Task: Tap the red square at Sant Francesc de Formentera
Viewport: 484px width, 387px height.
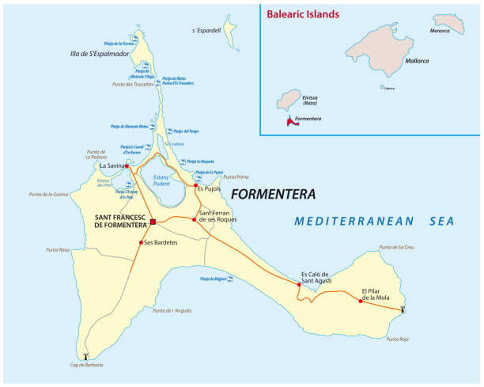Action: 153,222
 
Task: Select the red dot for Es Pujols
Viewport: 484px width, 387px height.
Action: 195,186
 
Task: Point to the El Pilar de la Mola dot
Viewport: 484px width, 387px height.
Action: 360,301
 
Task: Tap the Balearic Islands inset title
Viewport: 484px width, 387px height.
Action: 303,14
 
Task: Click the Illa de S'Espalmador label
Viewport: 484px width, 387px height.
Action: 98,55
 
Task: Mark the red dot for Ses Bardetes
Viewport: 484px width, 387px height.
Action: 141,242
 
